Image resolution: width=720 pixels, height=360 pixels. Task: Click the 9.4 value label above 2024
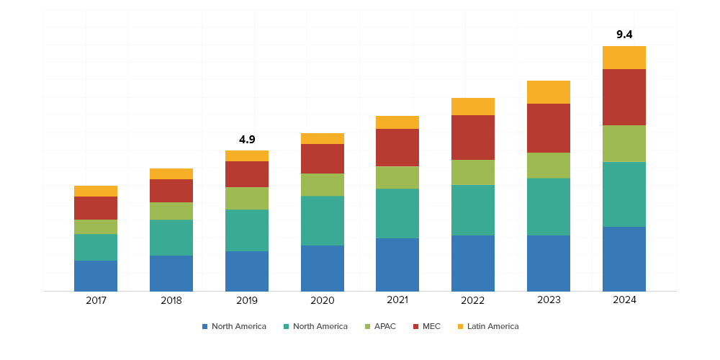tap(624, 35)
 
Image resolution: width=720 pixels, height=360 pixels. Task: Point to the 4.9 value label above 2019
tap(247, 139)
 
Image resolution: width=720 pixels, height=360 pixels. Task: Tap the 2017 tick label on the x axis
tap(96, 300)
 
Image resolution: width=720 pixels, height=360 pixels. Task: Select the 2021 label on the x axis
tap(397, 300)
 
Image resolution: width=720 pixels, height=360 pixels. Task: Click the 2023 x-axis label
tap(549, 300)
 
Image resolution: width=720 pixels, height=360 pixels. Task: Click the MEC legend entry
tap(431, 326)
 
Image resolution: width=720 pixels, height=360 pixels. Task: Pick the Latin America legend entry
tap(492, 326)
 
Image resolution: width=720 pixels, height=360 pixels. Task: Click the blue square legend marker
tap(205, 327)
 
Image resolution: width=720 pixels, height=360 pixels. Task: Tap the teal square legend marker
tap(287, 327)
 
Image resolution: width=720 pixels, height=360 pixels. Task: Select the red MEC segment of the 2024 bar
tap(624, 97)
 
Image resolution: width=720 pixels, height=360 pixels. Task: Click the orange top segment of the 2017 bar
tap(96, 191)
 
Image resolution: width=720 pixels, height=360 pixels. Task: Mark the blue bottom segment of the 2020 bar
tap(322, 268)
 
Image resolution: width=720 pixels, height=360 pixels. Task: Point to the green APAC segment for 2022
tap(473, 172)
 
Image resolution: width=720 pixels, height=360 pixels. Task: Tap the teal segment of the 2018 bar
tap(171, 238)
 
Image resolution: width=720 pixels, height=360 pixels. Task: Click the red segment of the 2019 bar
tap(247, 174)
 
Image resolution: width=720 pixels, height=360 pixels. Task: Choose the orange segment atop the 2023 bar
tap(549, 92)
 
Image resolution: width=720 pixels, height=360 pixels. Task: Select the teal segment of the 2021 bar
tap(397, 213)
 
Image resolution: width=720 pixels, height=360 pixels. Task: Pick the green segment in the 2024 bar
tap(624, 143)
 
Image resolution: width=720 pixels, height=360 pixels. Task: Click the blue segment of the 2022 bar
tap(473, 263)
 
